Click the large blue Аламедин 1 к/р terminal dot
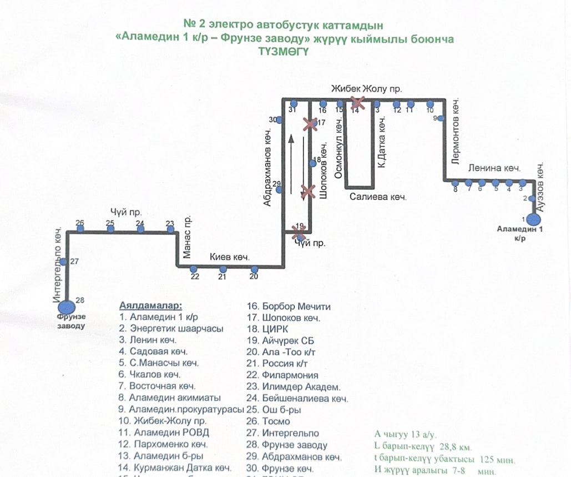[534, 219]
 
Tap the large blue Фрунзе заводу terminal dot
[67, 307]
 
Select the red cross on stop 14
[357, 102]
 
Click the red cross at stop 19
[299, 230]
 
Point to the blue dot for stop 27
[64, 262]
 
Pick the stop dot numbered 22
[194, 269]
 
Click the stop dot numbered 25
[110, 229]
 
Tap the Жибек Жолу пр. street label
[366, 88]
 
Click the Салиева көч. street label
[378, 197]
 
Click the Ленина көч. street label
[493, 168]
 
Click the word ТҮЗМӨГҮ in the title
[284, 51]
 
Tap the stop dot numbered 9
[436, 118]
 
